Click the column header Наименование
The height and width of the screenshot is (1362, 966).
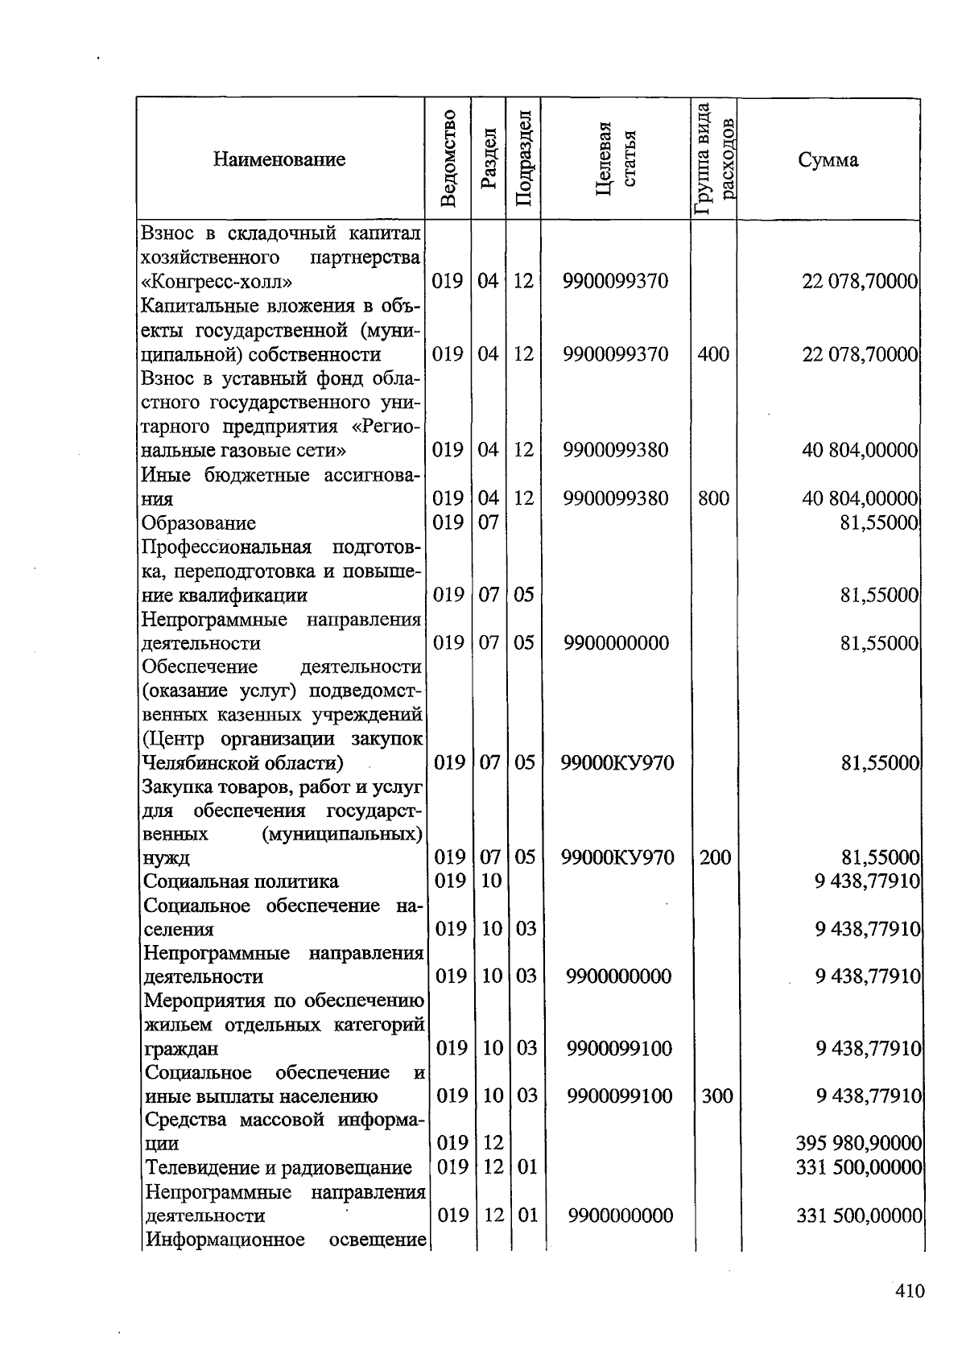pos(279,159)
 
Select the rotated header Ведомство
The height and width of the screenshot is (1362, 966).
pos(448,159)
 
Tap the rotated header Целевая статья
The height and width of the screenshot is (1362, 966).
pos(616,159)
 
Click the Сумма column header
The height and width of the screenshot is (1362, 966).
pos(828,159)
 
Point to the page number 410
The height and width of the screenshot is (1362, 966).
pos(910,1291)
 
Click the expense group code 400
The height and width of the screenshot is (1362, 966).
pos(713,353)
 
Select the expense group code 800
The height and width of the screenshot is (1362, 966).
pos(713,498)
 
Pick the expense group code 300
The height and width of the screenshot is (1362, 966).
pos(716,1096)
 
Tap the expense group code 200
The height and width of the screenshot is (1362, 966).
pos(715,857)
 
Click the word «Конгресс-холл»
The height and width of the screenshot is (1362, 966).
pos(217,282)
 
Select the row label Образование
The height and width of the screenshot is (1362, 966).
pos(199,523)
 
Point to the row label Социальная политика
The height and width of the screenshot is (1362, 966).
pos(242,881)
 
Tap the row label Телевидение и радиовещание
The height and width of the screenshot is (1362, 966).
pos(279,1167)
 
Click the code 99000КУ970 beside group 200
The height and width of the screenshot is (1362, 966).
pos(617,857)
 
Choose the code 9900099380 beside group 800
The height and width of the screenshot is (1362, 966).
pos(616,498)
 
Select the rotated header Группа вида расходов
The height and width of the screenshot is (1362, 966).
pos(714,159)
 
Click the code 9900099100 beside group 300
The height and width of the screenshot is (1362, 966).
pos(619,1096)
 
